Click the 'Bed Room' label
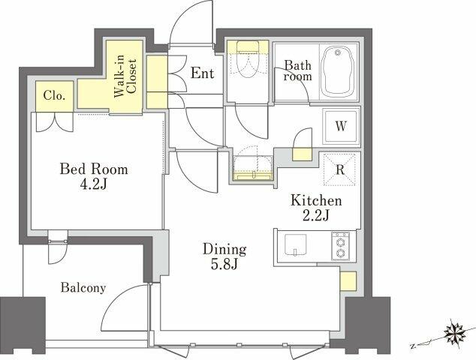[94, 169]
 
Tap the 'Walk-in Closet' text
[125, 76]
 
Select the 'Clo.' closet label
[54, 95]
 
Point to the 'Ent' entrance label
[202, 73]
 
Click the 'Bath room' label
[297, 70]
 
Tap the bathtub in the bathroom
[338, 72]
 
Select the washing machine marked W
[341, 126]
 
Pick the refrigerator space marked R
[339, 169]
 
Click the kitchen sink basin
[295, 245]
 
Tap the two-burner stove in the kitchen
[340, 246]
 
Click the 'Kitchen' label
[316, 200]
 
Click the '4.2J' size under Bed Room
[94, 184]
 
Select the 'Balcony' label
[83, 287]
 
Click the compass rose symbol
[454, 332]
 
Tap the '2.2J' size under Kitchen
[316, 216]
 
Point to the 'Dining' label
[224, 249]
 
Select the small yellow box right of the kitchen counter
[348, 281]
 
